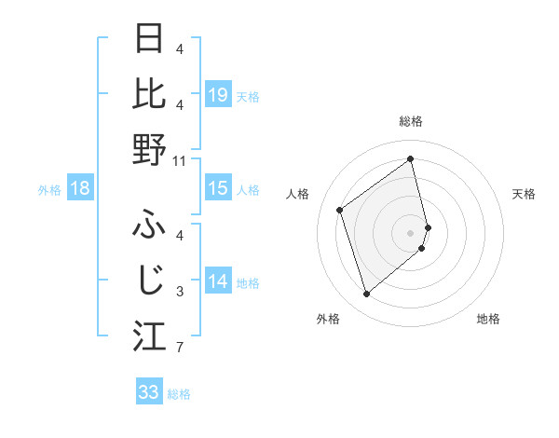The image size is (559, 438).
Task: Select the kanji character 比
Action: point(150,93)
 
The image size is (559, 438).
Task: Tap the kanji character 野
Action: point(150,149)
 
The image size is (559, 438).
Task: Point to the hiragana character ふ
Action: point(150,224)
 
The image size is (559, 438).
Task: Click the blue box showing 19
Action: point(217,94)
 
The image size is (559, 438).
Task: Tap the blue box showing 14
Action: point(217,281)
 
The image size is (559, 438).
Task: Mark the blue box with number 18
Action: point(80,189)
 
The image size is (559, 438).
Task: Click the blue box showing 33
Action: point(149,392)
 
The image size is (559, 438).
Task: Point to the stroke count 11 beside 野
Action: point(180,160)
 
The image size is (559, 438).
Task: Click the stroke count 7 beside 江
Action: point(180,349)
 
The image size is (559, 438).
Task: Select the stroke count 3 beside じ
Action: point(180,292)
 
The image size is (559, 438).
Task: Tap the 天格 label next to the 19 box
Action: point(248,96)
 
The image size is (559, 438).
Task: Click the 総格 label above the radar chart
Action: point(411,122)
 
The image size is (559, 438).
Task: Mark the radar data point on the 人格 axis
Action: point(340,210)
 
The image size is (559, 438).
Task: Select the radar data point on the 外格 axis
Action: point(366,294)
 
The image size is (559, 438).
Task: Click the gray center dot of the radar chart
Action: point(411,231)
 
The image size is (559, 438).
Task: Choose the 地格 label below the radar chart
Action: point(488,319)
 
